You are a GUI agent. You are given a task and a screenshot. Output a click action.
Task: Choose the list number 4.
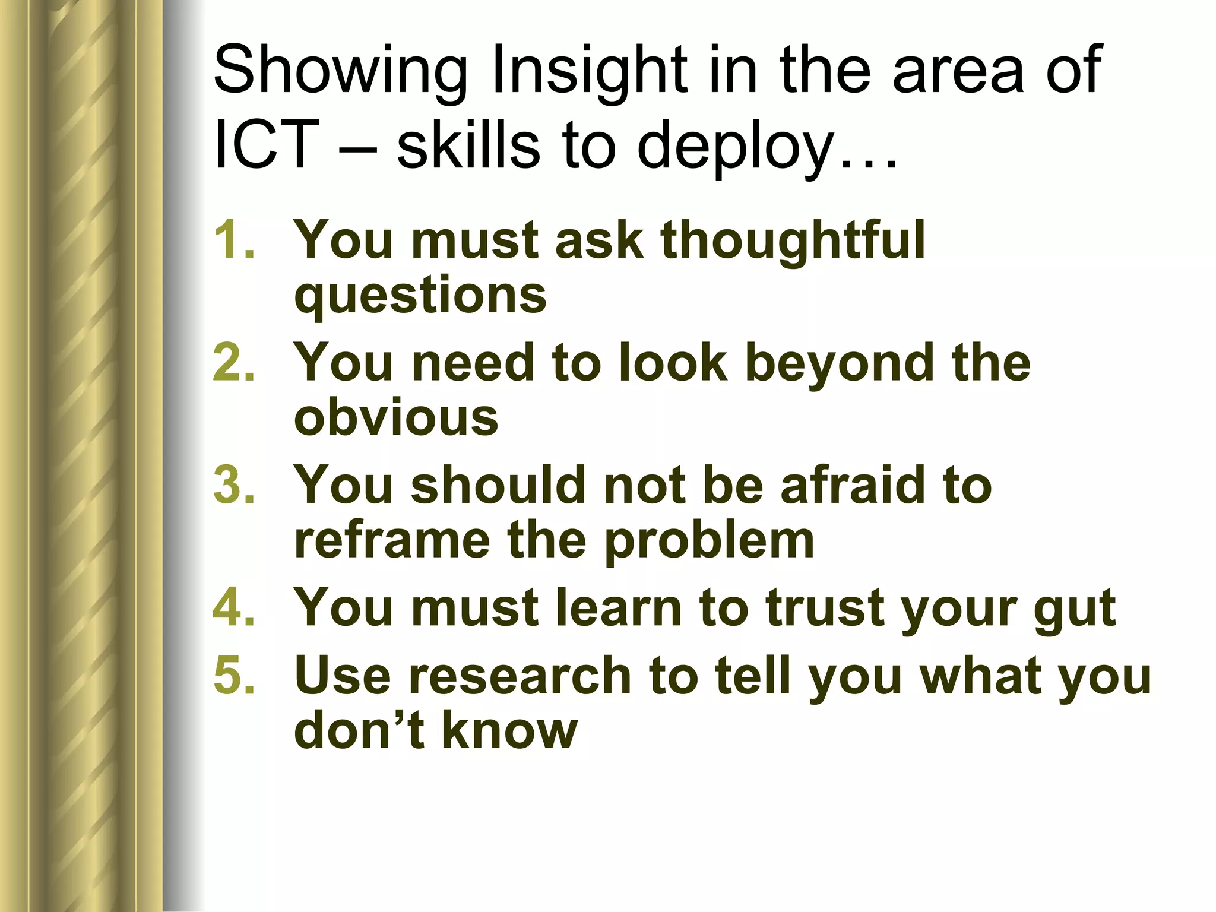click(233, 607)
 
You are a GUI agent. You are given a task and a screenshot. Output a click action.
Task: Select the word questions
click(420, 297)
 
